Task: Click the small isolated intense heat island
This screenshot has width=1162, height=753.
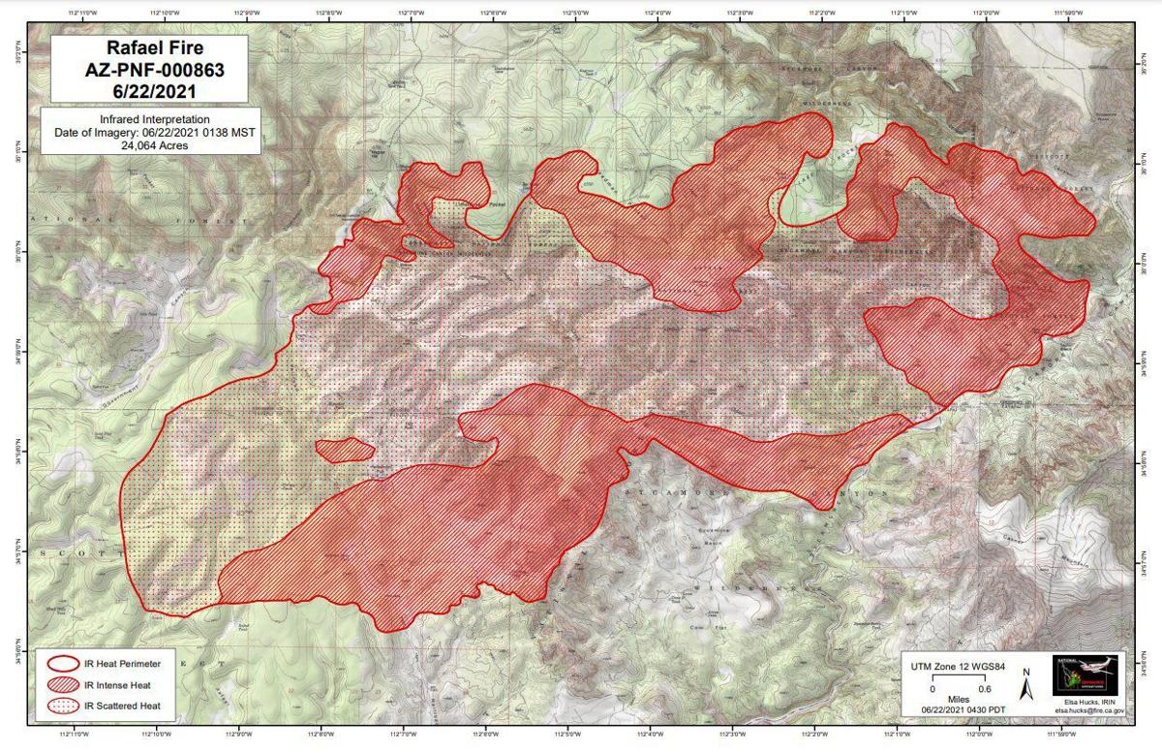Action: pyautogui.click(x=344, y=449)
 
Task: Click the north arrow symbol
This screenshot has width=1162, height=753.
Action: pyautogui.click(x=1026, y=687)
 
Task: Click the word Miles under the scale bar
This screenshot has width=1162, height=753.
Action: pyautogui.click(x=958, y=700)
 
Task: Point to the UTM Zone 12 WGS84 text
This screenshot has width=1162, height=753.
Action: pyautogui.click(x=957, y=668)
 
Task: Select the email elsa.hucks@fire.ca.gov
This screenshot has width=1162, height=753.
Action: pyautogui.click(x=1089, y=710)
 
